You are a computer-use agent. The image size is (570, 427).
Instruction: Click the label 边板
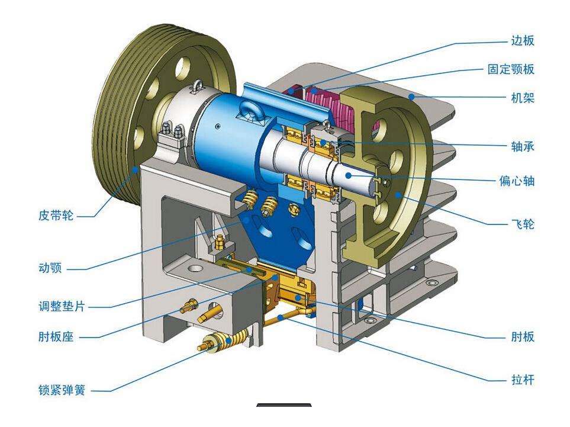click(523, 40)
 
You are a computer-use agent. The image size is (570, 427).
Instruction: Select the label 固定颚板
click(511, 69)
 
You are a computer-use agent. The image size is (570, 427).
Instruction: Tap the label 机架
click(523, 98)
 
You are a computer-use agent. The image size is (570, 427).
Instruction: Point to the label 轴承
click(523, 146)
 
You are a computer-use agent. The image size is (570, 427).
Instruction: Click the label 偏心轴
click(517, 181)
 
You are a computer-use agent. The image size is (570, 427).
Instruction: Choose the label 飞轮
click(523, 224)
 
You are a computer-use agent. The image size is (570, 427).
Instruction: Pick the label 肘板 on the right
click(523, 337)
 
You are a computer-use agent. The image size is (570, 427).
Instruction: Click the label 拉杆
click(523, 380)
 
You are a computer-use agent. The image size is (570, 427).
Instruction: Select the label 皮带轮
click(56, 216)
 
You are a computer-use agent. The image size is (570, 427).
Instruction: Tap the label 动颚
click(50, 268)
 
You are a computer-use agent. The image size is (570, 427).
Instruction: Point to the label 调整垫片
click(62, 306)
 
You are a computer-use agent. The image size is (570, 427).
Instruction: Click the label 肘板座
click(56, 336)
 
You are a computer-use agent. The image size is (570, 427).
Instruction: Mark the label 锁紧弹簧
click(62, 390)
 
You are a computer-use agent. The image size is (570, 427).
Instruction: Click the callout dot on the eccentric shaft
click(348, 175)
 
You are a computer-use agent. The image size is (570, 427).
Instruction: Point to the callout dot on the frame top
click(411, 97)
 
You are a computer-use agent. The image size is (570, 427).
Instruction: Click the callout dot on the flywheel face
click(398, 195)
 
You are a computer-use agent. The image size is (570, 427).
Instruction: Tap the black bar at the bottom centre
click(284, 405)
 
